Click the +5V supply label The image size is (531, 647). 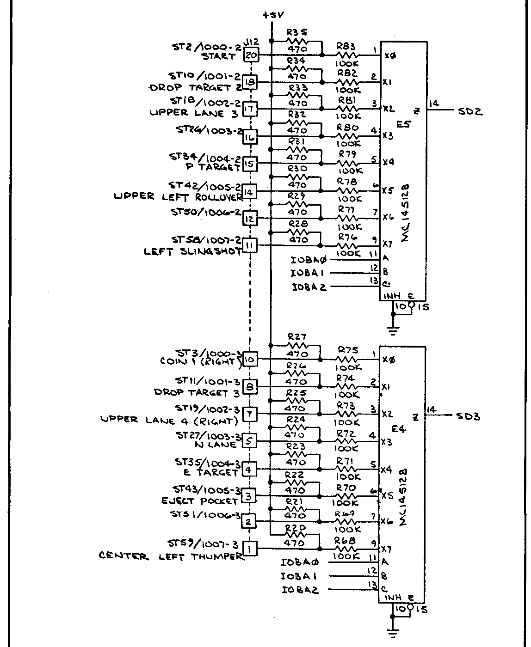[272, 15]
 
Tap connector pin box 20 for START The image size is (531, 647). [252, 55]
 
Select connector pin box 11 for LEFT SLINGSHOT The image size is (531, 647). [250, 245]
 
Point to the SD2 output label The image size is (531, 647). [470, 111]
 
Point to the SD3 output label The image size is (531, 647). [468, 416]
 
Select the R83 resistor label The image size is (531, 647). [346, 46]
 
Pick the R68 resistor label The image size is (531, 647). [344, 540]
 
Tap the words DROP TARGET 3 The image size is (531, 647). [197, 393]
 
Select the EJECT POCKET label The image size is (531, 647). [199, 501]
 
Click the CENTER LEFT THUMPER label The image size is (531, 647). [171, 556]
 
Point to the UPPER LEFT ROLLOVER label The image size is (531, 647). [179, 197]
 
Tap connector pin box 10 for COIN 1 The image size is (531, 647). [250, 359]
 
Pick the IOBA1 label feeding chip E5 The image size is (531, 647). [307, 273]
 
